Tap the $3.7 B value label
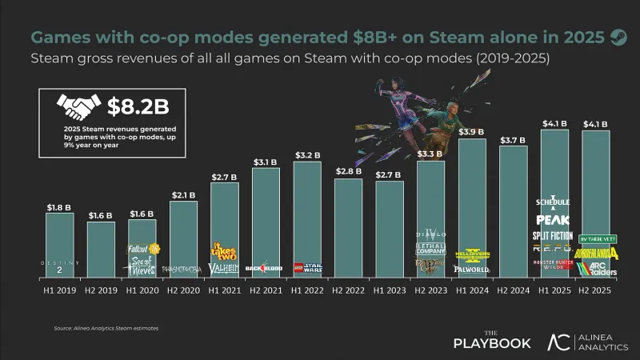(x=513, y=139)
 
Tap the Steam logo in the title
(x=618, y=36)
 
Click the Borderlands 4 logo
(x=595, y=252)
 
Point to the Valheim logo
(x=224, y=269)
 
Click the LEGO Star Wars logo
(x=306, y=269)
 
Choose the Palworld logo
(x=472, y=270)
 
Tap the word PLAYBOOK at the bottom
(x=492, y=344)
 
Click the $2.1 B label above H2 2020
(x=183, y=194)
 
